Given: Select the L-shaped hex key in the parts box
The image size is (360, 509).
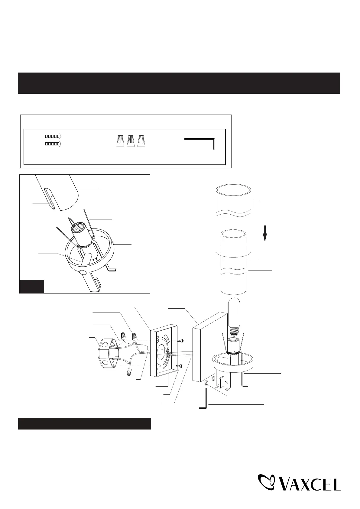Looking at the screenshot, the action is (x=200, y=142).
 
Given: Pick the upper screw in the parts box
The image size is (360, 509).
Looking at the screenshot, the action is (x=54, y=136).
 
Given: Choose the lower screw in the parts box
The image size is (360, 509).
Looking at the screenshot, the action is (x=54, y=144).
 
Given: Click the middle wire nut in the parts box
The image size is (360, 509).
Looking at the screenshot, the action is (x=131, y=141).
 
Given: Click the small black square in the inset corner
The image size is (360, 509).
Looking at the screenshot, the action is (x=32, y=287).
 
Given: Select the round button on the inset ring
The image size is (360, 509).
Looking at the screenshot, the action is (x=83, y=273).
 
